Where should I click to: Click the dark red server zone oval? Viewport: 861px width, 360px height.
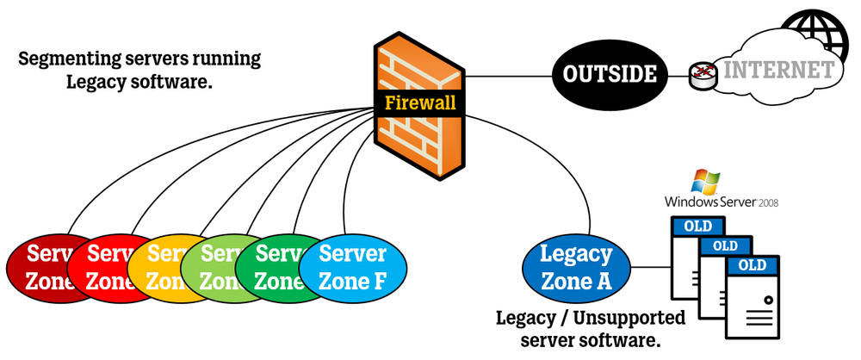(x=34, y=267)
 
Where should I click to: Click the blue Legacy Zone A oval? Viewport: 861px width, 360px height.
(x=576, y=267)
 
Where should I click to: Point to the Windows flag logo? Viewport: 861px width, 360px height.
(x=706, y=180)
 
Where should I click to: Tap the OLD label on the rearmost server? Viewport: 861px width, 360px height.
(x=697, y=228)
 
